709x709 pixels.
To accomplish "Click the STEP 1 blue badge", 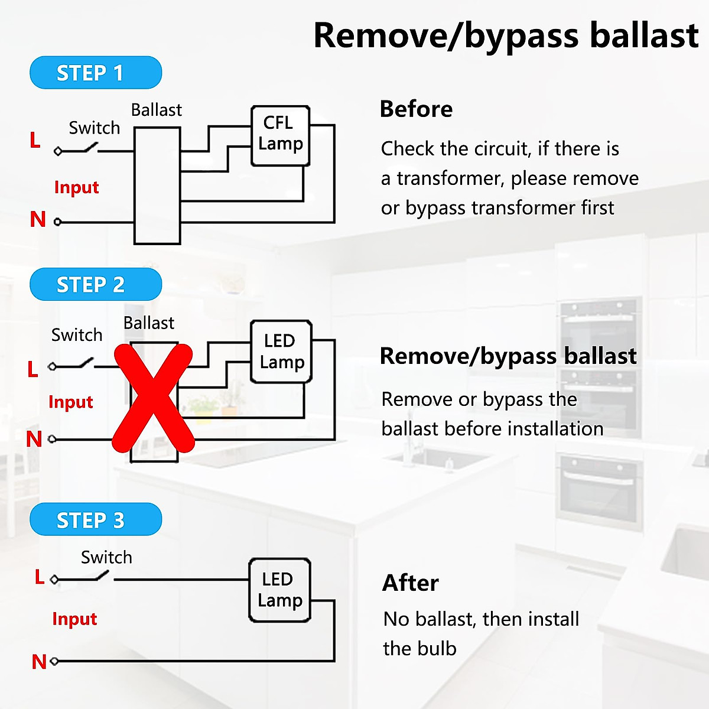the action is click(x=96, y=73).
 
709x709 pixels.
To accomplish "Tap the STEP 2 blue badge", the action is click(x=96, y=284).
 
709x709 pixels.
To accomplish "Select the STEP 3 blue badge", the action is click(x=96, y=519).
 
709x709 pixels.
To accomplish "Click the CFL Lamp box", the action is click(x=281, y=136).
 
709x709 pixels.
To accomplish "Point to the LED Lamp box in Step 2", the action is click(x=281, y=352).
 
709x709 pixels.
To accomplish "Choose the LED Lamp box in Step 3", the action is click(x=279, y=590).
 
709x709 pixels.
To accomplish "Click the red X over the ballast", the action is click(x=153, y=398).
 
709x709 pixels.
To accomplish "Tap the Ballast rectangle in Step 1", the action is click(x=157, y=186).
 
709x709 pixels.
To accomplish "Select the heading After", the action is click(x=410, y=583).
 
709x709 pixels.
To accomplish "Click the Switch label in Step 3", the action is click(x=106, y=557).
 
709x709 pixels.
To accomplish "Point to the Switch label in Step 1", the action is click(x=95, y=128).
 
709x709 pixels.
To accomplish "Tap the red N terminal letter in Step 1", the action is click(x=38, y=219).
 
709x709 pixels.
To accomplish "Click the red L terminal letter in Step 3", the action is click(x=40, y=577).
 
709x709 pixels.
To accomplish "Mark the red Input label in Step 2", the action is click(x=71, y=402).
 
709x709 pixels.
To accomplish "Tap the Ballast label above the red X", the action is click(x=149, y=323).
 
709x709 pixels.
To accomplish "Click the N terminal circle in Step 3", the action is click(x=54, y=661).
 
